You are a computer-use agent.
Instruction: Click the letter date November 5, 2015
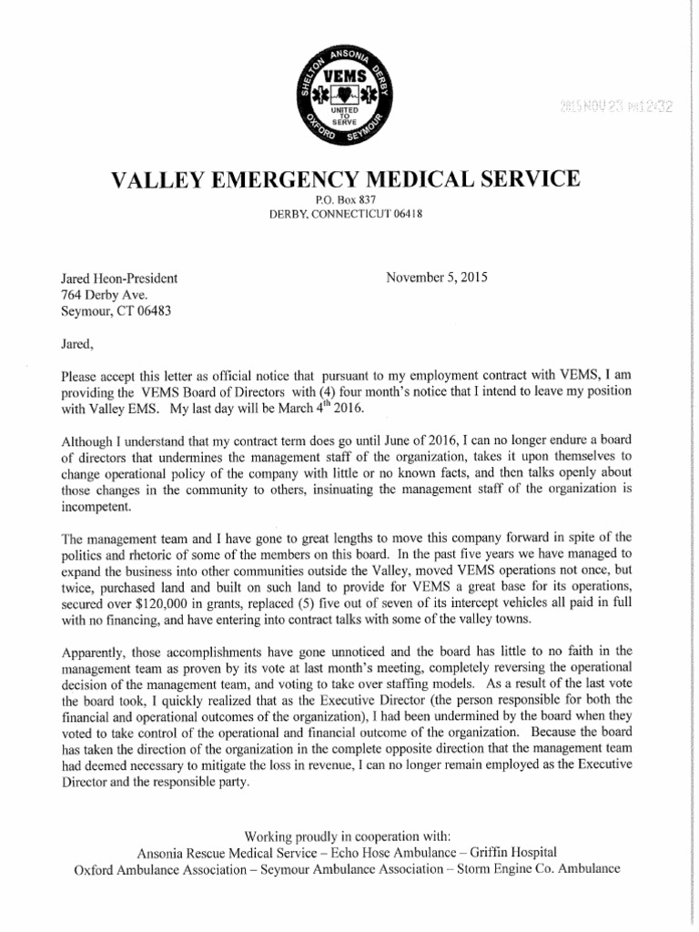click(437, 277)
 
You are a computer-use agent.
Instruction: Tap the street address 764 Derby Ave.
click(104, 294)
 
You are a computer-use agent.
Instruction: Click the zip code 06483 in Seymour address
click(151, 310)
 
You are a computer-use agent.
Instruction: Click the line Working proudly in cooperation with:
click(347, 836)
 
